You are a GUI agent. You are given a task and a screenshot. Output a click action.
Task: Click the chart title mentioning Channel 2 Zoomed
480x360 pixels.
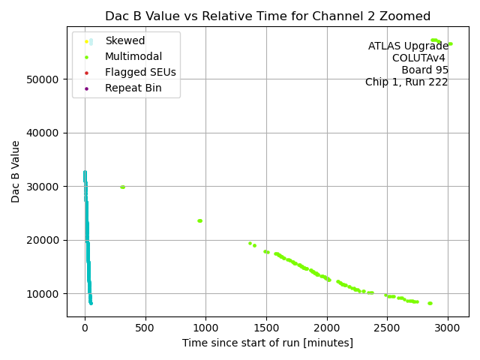coord(268,16)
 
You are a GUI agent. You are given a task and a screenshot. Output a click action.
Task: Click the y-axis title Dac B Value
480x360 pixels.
coord(16,171)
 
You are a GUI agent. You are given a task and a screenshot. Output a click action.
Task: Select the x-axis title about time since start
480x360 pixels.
coord(268,343)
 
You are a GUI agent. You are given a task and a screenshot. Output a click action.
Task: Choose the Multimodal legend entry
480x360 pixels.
coord(133,56)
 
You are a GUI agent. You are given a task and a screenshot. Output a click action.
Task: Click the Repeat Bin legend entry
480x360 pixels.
coord(133,88)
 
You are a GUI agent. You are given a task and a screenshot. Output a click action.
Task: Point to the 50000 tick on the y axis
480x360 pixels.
coord(43,79)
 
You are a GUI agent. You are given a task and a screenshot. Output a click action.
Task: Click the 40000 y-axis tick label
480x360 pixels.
coord(43,133)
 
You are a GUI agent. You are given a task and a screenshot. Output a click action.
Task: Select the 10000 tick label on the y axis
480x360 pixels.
coord(43,293)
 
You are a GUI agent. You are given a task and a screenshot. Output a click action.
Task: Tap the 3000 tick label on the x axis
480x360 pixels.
coord(448,328)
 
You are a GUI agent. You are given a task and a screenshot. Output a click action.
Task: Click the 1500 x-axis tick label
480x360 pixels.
coord(266,328)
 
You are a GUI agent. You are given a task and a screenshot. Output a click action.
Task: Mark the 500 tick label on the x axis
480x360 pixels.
coord(145,328)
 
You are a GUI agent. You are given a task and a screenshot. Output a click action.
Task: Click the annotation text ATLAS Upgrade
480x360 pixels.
coord(408,46)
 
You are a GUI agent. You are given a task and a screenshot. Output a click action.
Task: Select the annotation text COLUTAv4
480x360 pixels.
coord(420,58)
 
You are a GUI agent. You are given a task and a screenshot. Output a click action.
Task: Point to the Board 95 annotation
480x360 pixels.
coord(424,70)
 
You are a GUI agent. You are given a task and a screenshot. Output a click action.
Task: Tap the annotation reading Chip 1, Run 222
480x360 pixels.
coord(406,82)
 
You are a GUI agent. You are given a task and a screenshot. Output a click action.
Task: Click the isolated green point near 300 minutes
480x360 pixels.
coord(122,187)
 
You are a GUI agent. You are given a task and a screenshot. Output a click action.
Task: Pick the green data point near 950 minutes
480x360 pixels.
coord(199,220)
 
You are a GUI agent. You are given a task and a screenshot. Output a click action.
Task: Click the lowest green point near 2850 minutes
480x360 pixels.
coord(430,303)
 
